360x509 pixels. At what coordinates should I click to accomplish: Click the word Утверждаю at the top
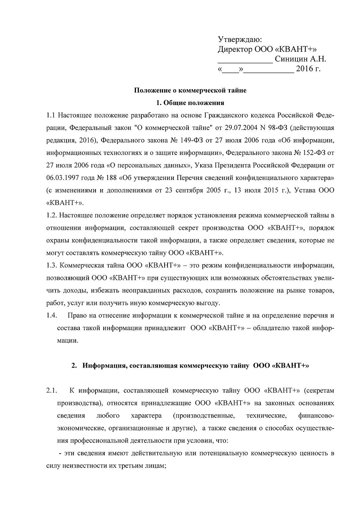[240, 39]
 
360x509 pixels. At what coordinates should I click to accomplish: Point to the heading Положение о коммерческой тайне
[190, 90]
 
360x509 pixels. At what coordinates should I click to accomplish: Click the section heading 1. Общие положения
[190, 102]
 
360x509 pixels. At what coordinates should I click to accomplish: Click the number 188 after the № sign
[111, 178]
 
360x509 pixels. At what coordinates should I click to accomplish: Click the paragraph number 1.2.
[51, 215]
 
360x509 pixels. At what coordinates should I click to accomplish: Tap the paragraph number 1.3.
[51, 265]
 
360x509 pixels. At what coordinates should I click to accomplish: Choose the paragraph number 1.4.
[51, 315]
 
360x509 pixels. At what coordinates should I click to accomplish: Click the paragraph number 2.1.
[51, 390]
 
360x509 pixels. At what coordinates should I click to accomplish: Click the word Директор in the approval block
[235, 49]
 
